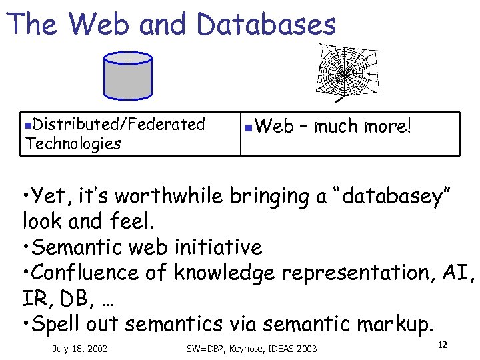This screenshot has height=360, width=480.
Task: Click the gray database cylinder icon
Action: coord(128,75)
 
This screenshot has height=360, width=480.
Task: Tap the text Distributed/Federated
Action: coord(119,124)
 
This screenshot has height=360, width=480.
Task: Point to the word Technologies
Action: coord(73,143)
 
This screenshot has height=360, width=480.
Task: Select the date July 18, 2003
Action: coord(79,349)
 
